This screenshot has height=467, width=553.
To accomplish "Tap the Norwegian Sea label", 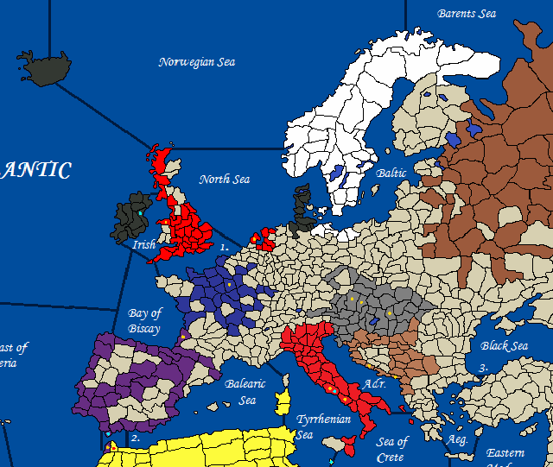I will point(197,62).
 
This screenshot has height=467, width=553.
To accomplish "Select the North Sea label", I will point(225,180).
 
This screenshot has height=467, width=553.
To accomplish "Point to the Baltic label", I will point(391,174).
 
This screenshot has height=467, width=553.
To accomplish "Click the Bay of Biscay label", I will point(144,320).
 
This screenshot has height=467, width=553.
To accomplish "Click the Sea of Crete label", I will point(392,448).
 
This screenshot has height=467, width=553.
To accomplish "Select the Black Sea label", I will point(505,346).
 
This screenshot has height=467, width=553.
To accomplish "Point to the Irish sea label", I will point(144,245).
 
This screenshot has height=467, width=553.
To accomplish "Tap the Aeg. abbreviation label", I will point(458,440).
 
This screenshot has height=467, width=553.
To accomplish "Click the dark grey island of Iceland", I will point(46,66).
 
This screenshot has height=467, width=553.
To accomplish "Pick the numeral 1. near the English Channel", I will point(224,247).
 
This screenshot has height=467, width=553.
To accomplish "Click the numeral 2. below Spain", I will point(135,439).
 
